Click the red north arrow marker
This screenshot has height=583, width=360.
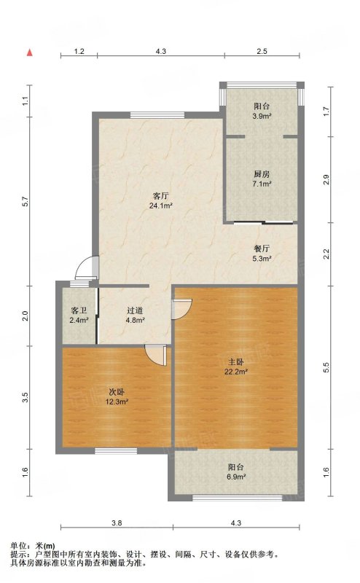pos(30,52)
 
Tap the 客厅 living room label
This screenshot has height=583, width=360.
pos(160,195)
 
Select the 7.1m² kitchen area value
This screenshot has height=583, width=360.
pos(262,184)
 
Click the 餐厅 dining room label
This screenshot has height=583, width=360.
pos(262,249)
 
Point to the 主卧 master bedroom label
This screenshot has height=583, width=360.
pos(236,361)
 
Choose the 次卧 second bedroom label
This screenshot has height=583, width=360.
pos(117,392)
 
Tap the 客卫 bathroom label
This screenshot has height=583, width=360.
pos(79,310)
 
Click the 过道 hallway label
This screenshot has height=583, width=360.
pos(135,310)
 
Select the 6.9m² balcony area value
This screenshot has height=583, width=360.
pos(236,477)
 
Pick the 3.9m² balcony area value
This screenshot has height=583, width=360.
pos(262,116)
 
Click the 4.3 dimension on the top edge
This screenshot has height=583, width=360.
pos(160,52)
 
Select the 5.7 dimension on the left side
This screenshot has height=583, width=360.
pos(26,202)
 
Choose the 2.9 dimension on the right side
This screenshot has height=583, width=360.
pos(326,180)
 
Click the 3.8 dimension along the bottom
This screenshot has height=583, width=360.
pos(117,523)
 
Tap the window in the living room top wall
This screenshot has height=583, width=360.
pos(157,115)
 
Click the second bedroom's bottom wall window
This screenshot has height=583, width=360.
pos(116,451)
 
